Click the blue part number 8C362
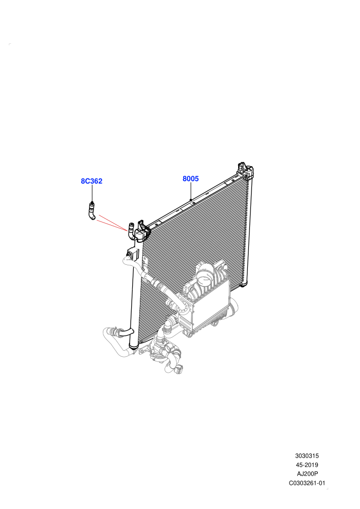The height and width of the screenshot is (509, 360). [92, 181]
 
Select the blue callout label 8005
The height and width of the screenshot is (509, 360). [191, 178]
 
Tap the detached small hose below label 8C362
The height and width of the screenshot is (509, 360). [92, 211]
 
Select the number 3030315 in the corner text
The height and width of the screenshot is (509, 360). [307, 456]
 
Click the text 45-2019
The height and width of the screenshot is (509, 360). [307, 465]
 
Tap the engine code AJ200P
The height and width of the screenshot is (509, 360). [307, 474]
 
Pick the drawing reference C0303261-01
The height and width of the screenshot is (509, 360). [307, 483]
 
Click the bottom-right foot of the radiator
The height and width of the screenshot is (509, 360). [243, 284]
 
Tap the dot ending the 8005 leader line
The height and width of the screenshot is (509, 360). [191, 199]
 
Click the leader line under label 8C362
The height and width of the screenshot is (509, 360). [92, 193]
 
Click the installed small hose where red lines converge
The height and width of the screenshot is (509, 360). [131, 230]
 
